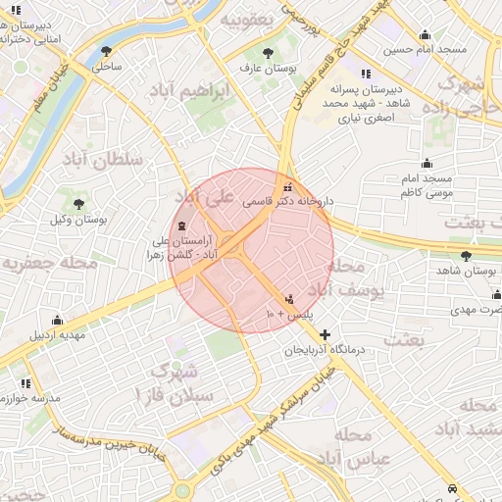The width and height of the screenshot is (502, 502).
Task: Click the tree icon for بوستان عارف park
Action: (268, 53)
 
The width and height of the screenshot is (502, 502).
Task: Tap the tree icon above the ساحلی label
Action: (106, 52)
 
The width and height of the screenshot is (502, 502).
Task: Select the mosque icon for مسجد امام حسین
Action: (425, 35)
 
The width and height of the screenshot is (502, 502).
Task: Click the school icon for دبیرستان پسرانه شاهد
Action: (366, 74)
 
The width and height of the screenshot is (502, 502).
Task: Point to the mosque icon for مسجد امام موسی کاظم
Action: (427, 164)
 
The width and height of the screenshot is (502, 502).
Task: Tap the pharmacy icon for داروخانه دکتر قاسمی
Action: (286, 186)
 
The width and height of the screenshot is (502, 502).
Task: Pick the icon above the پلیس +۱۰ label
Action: (288, 299)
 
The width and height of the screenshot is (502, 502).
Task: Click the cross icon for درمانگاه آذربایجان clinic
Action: (326, 334)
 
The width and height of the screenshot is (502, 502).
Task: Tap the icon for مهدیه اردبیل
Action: (57, 320)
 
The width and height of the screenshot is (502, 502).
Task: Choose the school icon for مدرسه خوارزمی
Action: (25, 383)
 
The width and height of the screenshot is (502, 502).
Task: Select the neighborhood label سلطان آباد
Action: (103, 158)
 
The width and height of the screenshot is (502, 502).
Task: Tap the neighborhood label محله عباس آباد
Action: (362, 446)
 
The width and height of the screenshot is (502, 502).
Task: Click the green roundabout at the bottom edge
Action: (182, 491)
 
